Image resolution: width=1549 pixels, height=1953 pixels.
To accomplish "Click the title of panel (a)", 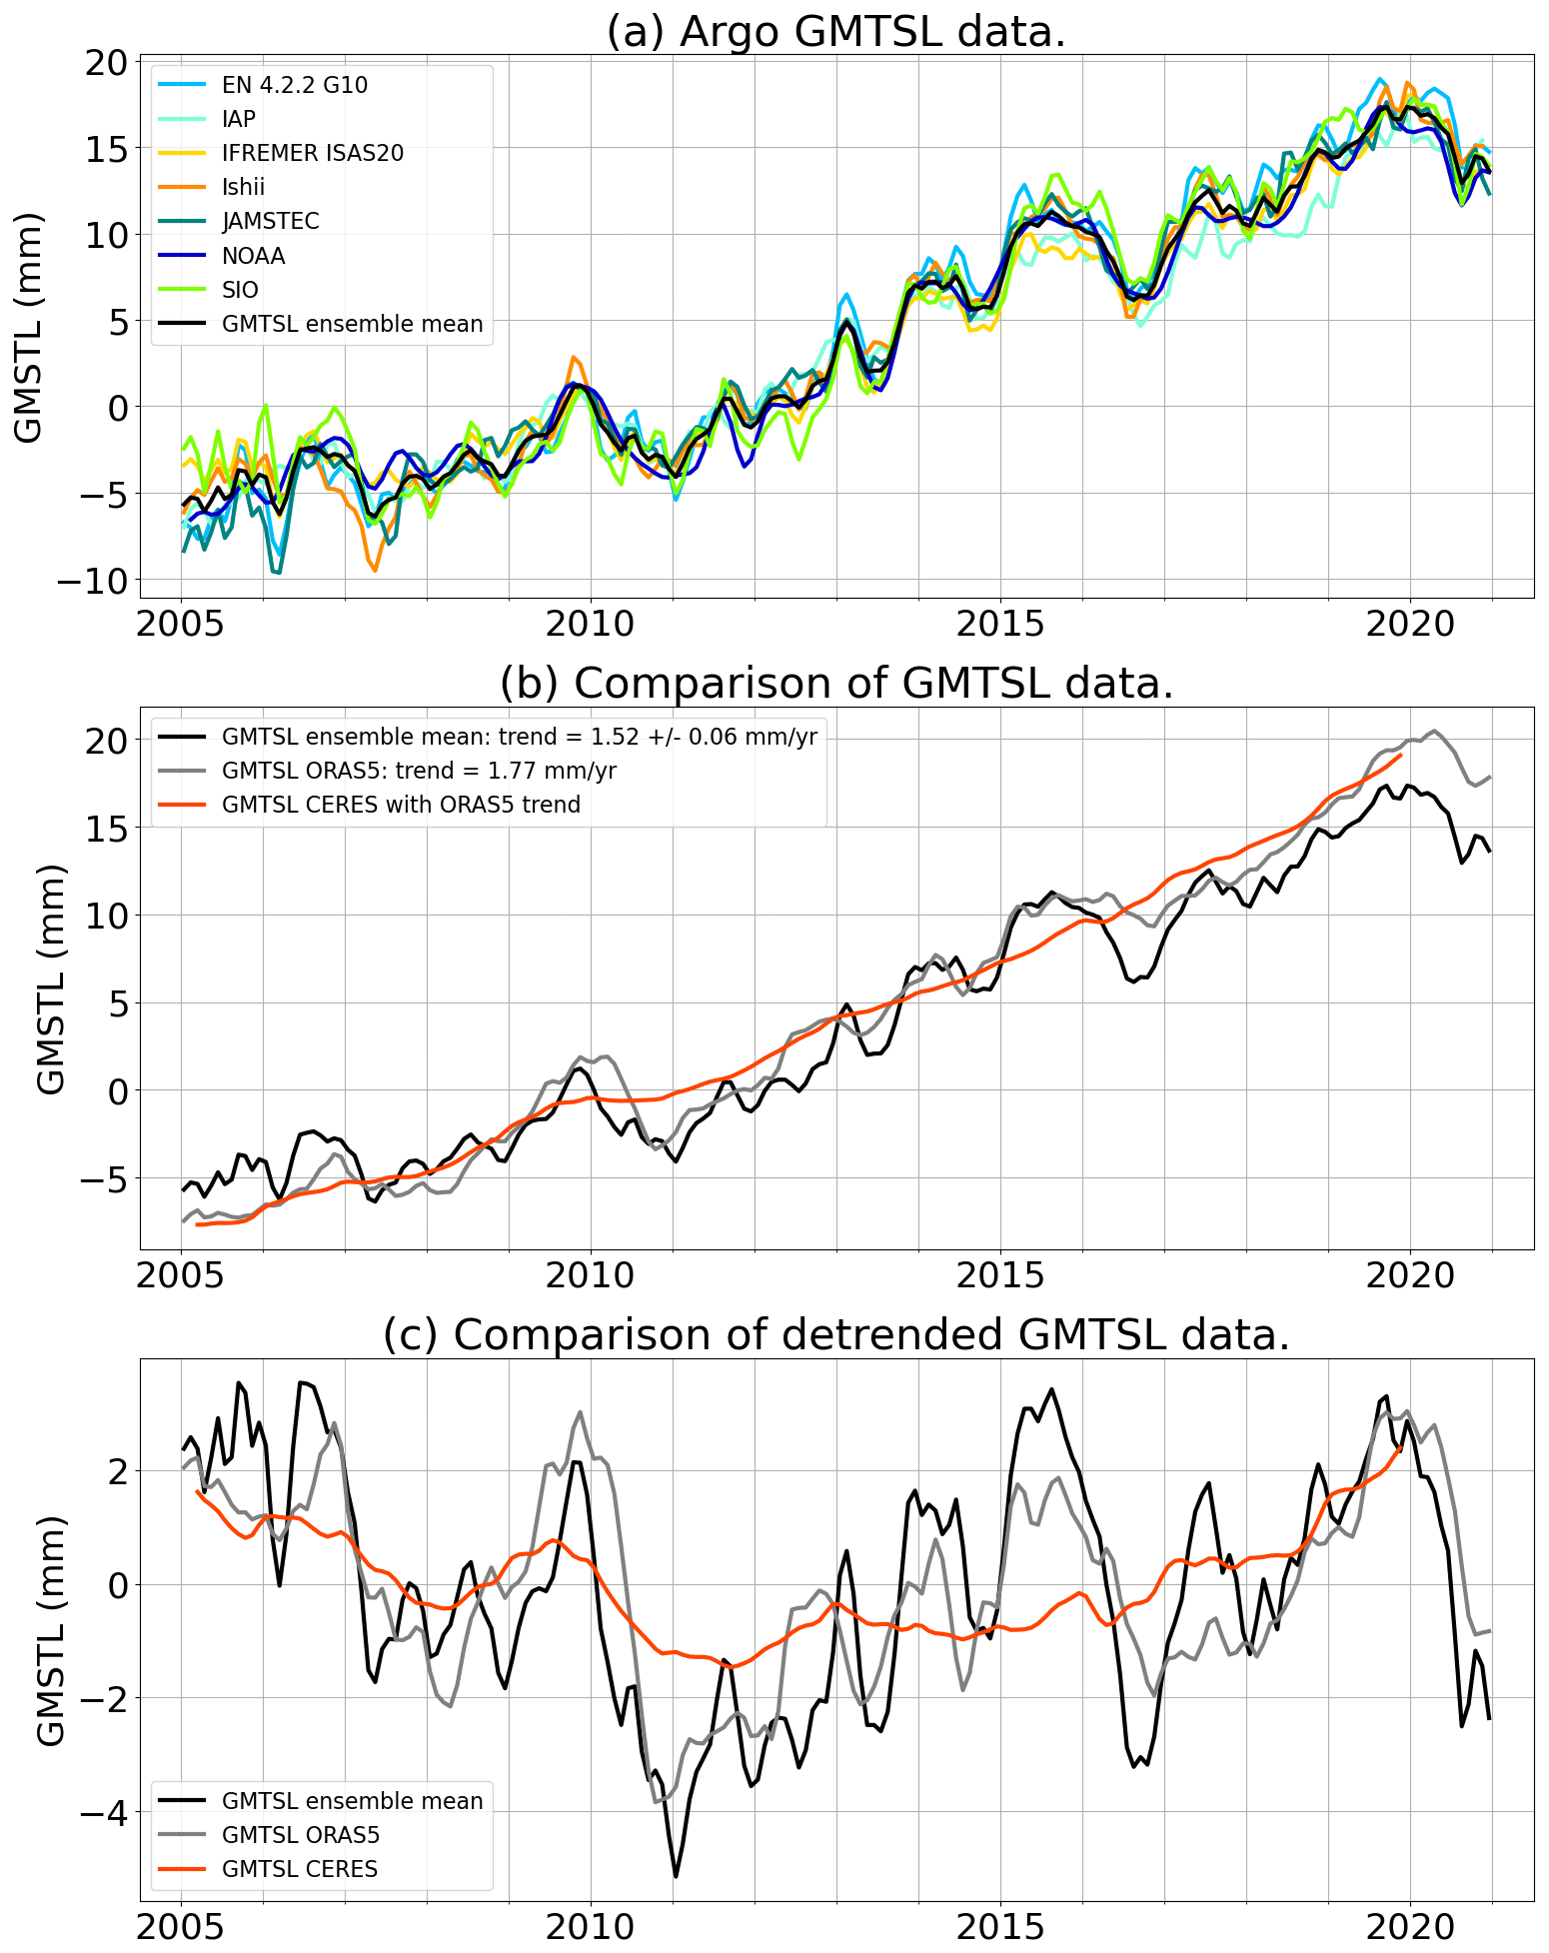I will [x=835, y=32].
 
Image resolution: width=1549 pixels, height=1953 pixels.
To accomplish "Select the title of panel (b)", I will [x=835, y=684].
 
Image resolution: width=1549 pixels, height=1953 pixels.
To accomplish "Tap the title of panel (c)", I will [x=835, y=1334].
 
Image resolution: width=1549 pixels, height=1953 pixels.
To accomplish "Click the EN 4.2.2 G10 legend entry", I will [x=294, y=85].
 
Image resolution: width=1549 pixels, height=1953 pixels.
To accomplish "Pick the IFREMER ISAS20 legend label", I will [x=312, y=153].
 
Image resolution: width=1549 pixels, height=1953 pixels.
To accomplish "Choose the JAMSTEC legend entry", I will [x=270, y=221].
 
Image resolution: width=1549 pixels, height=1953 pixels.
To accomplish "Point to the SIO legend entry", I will [x=240, y=290].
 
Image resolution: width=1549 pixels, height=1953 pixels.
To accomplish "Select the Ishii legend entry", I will [x=243, y=187].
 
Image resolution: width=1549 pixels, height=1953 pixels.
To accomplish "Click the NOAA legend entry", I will [x=253, y=256].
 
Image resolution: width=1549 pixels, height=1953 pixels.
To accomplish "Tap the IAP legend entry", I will [x=238, y=119].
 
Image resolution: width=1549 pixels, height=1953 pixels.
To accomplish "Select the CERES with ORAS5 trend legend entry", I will [x=401, y=805].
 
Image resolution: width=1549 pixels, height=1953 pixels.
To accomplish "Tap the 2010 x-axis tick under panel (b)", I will [x=590, y=1275].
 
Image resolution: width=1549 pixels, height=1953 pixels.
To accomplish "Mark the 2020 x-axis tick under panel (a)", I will [x=1409, y=625].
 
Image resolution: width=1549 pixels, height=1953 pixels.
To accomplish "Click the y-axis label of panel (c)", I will [x=50, y=1629].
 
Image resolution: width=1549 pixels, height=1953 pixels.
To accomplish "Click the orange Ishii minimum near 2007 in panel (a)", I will [x=375, y=571].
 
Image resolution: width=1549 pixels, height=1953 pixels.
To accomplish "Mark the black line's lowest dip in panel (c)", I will [x=676, y=1876].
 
